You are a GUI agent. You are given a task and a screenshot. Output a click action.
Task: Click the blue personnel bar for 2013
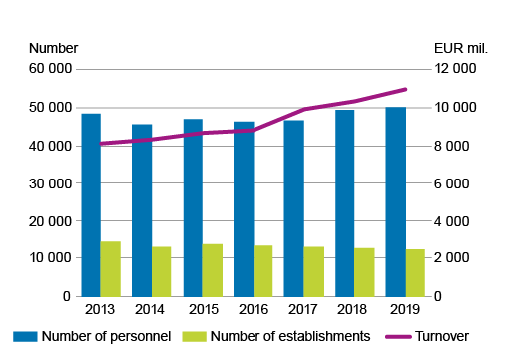[91, 204]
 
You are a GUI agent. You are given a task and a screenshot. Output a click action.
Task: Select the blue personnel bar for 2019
[395, 201]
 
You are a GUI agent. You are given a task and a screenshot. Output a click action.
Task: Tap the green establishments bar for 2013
[110, 268]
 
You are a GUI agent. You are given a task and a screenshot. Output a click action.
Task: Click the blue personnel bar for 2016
[244, 208]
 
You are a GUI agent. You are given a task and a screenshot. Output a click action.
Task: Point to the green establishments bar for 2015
[212, 269]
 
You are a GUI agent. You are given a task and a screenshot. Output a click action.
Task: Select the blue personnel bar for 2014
[142, 209]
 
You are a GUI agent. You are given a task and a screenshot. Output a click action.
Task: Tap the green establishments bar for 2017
[313, 271]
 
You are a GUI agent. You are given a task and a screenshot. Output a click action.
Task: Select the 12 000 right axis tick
[455, 69]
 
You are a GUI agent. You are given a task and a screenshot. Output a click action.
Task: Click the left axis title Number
[54, 48]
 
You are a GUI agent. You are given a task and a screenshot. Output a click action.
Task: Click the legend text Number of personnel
[106, 337]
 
